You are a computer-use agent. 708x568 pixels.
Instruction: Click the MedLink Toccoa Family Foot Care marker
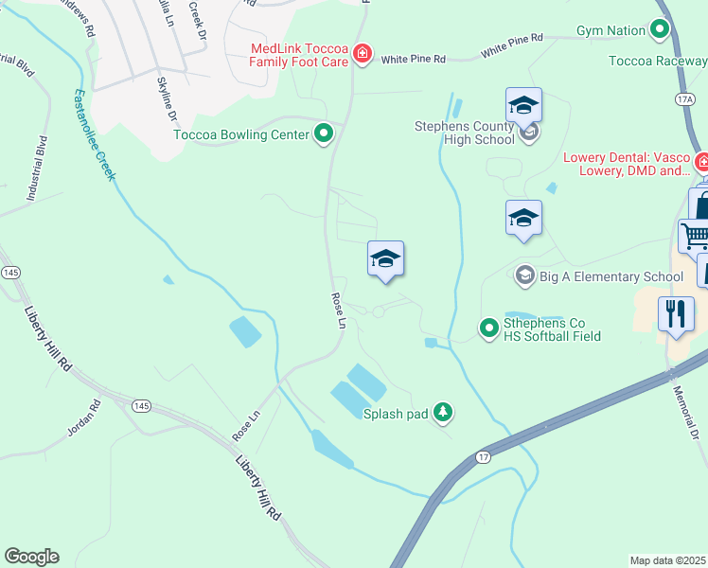click(x=362, y=54)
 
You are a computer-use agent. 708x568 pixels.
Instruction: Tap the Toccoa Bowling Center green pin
click(x=324, y=134)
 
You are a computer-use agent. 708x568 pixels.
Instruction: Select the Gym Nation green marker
click(x=661, y=31)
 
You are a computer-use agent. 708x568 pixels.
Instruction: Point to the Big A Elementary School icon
click(x=523, y=276)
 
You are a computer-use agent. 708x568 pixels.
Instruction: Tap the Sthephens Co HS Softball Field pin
click(x=489, y=328)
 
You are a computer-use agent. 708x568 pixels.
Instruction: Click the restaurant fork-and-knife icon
click(x=676, y=314)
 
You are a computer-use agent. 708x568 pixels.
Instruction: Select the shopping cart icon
click(x=695, y=236)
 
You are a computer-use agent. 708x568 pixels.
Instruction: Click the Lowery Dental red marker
click(x=701, y=163)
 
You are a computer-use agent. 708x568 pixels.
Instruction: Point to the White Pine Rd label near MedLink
click(x=414, y=60)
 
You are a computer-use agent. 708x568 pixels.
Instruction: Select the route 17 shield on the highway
click(x=484, y=457)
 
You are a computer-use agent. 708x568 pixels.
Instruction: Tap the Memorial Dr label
click(x=688, y=410)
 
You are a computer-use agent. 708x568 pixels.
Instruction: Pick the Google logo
click(x=31, y=557)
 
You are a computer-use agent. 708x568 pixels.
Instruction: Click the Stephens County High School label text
click(x=465, y=133)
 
